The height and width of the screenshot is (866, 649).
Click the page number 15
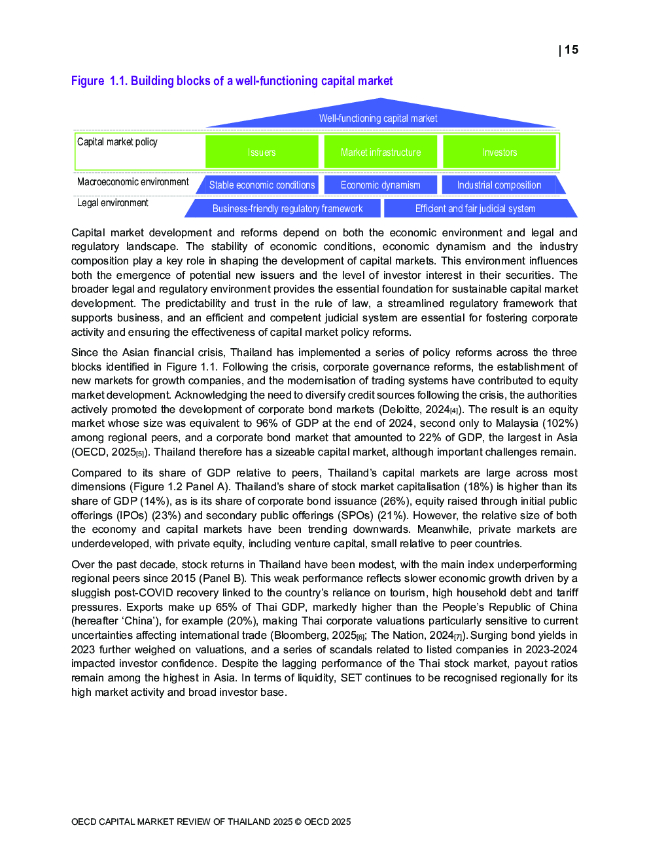[x=571, y=50]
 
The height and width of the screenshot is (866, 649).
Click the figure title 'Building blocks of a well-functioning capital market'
[x=261, y=81]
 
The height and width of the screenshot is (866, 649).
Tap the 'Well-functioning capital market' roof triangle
[x=378, y=116]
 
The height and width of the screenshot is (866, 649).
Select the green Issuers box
[x=262, y=152]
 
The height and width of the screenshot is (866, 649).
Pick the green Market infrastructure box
[x=381, y=152]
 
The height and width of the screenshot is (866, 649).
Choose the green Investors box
[x=499, y=152]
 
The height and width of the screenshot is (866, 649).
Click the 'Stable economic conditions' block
[x=262, y=185]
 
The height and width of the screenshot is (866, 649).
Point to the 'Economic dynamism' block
[x=381, y=185]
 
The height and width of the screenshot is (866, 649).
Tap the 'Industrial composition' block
[x=499, y=185]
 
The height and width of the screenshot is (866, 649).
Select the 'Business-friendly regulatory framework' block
[x=287, y=209]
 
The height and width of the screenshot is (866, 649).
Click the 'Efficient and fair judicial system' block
[x=476, y=209]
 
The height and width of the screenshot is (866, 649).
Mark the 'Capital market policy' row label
[x=117, y=142]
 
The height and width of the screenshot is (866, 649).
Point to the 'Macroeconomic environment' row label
[x=133, y=182]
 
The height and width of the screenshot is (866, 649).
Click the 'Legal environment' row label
[x=113, y=203]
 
